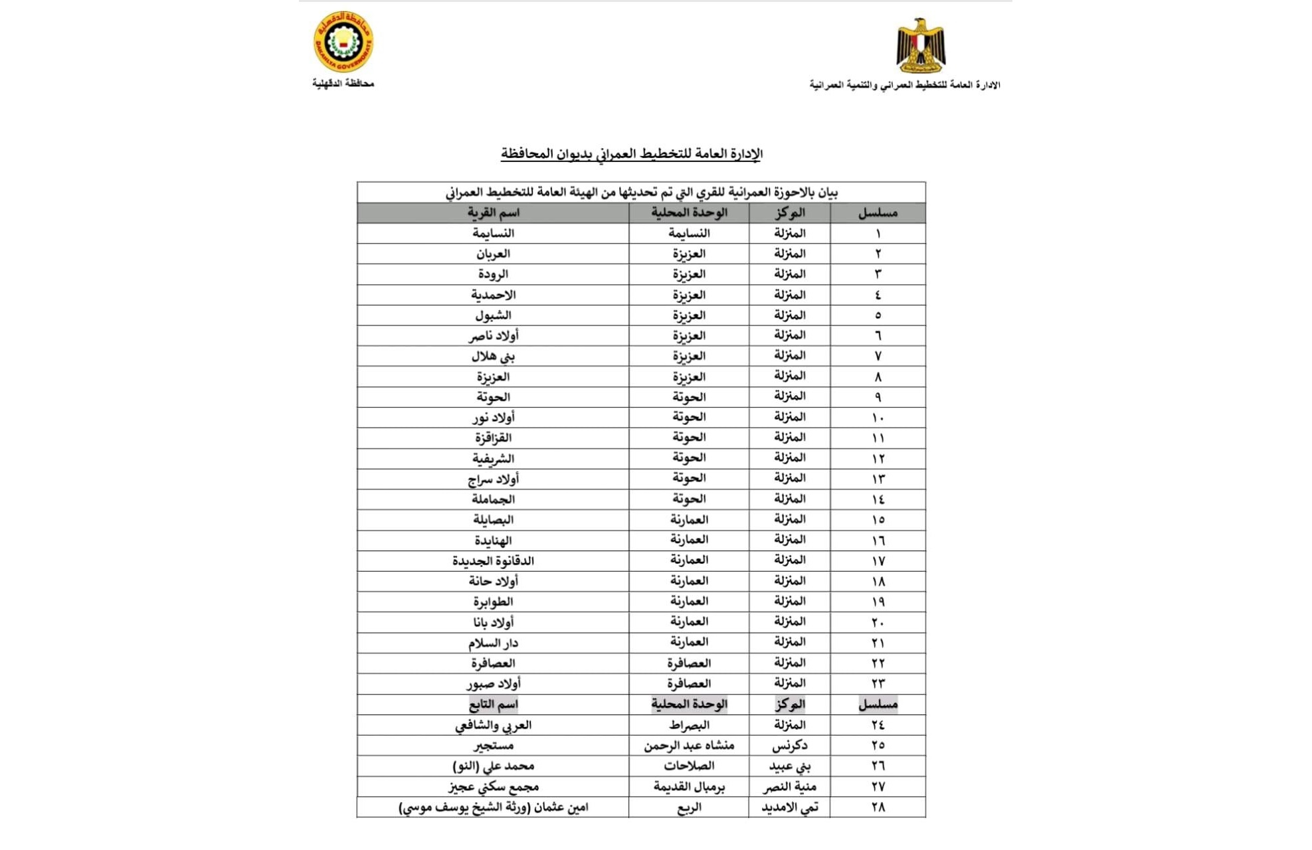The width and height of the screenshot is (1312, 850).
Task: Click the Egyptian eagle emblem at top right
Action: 920,45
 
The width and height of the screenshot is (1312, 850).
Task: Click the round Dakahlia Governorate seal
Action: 343,42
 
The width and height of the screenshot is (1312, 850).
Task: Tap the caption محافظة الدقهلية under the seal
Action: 343,84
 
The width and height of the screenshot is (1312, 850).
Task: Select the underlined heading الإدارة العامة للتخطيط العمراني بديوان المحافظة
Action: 631,154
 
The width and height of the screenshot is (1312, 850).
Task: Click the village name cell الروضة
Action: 493,274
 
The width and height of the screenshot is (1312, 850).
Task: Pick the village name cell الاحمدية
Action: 493,295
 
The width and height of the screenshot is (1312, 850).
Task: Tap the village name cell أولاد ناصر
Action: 493,336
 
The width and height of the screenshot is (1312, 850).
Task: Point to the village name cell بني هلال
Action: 493,357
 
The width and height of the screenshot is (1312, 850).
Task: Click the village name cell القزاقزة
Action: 493,438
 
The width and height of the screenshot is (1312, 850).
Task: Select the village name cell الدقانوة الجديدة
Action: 493,561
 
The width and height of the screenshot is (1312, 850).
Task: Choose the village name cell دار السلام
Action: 493,643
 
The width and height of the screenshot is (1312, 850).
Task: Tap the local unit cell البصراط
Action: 689,725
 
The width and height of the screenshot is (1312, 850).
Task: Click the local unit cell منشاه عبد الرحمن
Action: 689,746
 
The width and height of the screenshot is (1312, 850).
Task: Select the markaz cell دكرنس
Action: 790,746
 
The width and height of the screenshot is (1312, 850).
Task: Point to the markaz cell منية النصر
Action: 790,787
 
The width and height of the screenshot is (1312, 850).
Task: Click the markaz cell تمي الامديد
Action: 790,807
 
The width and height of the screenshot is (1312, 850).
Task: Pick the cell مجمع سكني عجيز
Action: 493,787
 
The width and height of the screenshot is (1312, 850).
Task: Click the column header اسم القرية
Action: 493,213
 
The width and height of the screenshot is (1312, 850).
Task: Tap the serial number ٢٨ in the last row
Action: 878,807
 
